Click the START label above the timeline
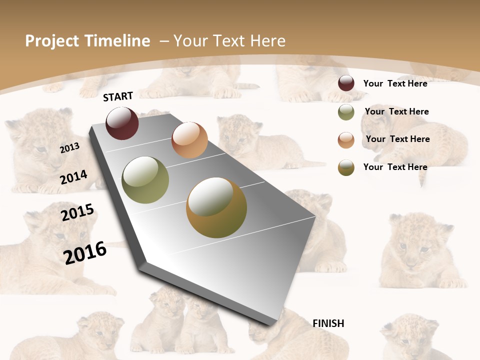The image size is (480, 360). pos(118,96)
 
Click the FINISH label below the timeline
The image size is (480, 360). pos(328,323)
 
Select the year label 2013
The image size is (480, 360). pos(69,148)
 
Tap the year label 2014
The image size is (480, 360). pos(73,177)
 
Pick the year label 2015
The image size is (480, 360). pos(77,212)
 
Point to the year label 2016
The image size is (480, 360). pos(85,252)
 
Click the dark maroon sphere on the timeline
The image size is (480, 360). pos(122,123)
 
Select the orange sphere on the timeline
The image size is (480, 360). pos(189,140)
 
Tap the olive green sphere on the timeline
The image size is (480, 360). pos(145,180)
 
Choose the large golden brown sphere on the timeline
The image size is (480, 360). pos(216,207)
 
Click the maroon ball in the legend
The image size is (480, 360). pos(346,83)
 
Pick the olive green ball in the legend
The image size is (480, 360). pos(346,112)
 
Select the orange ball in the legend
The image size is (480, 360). pos(346,140)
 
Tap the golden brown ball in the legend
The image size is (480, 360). pos(346,167)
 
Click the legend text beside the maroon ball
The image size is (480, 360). pos(395,83)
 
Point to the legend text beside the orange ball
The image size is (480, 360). pos(397,139)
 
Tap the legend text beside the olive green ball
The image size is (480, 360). pos(396,111)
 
